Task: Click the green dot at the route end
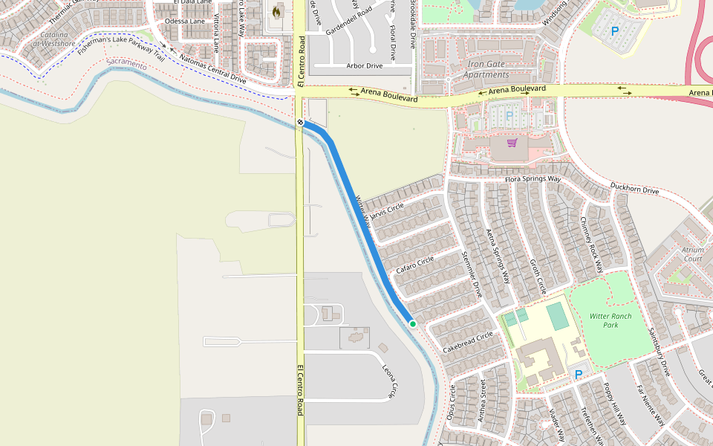click(412, 323)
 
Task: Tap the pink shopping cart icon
click(512, 142)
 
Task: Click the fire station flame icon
click(277, 12)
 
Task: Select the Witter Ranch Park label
click(610, 320)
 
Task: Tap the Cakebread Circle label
click(468, 342)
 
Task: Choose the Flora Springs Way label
click(533, 179)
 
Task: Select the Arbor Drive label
click(364, 66)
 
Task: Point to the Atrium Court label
click(691, 254)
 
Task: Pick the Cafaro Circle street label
click(414, 265)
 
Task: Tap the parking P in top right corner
click(614, 31)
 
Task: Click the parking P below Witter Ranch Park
click(578, 374)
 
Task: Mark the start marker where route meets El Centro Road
click(300, 122)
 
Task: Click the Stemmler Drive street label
click(472, 275)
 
